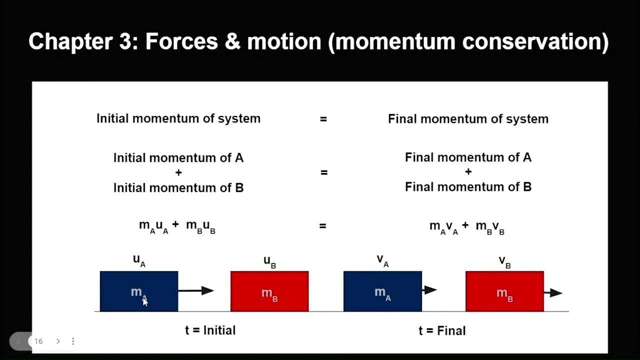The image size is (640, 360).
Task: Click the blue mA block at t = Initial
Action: click(139, 291)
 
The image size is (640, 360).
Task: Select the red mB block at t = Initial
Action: click(269, 291)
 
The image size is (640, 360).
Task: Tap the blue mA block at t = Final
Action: click(382, 291)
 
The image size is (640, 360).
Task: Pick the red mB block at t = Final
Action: click(504, 291)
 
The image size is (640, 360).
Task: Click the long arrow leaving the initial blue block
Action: click(196, 290)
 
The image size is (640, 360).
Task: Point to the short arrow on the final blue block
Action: click(429, 289)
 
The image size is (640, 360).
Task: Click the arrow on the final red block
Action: click(553, 292)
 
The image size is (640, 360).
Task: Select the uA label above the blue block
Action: click(139, 260)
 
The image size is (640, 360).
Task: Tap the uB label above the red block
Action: click(269, 261)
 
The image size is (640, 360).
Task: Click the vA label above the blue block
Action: click(382, 260)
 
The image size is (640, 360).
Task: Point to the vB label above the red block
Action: click(504, 261)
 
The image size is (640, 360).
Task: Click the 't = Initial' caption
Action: click(210, 330)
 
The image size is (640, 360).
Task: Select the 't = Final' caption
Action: click(442, 330)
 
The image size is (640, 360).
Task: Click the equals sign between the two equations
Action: click(323, 226)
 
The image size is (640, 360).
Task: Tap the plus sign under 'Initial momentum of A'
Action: click(178, 172)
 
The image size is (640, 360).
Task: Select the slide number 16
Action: click(38, 341)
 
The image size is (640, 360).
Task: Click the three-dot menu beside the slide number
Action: click(73, 341)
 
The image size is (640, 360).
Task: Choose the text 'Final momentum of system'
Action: click(468, 119)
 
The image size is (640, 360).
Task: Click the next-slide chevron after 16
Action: click(58, 341)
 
